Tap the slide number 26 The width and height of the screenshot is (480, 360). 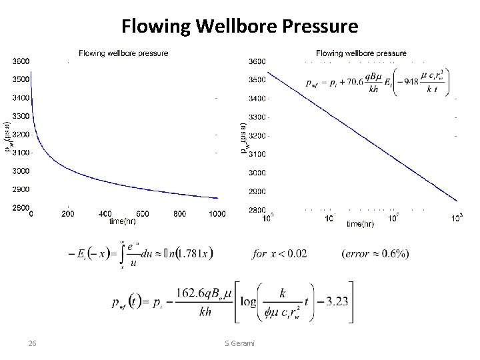pos(31,343)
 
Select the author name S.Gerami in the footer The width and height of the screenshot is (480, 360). pos(243,343)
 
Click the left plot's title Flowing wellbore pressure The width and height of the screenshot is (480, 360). pos(123,53)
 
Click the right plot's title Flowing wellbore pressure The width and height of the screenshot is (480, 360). pos(361,53)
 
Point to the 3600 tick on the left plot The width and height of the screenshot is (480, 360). pos(20,61)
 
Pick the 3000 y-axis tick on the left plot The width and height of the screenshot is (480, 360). pos(20,171)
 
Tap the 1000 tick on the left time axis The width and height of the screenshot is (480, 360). pos(217,214)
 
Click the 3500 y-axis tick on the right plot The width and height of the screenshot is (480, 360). pos(257,79)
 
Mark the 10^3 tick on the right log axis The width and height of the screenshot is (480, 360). pos(457,217)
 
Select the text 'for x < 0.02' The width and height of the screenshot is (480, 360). pos(280,253)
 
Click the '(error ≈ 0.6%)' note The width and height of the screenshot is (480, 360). pos(375,253)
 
